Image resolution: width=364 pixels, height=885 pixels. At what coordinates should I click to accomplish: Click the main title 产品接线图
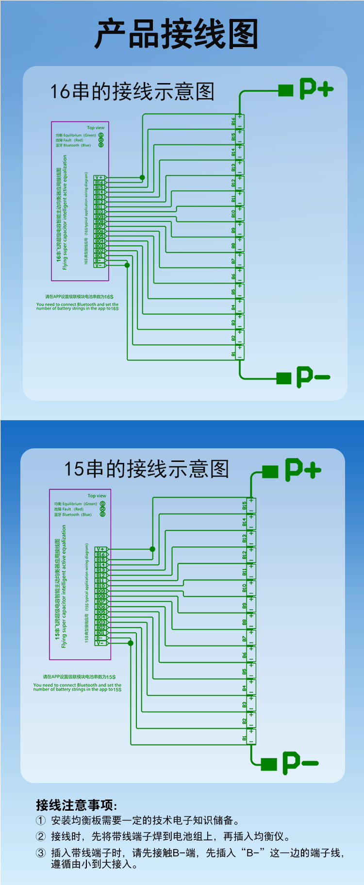point(176,34)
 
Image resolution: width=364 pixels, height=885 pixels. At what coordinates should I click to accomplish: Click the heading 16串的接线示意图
point(132,91)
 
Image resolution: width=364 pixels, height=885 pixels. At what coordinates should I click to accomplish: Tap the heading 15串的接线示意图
point(146,469)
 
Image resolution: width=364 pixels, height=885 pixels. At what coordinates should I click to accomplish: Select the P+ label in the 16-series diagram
point(316,88)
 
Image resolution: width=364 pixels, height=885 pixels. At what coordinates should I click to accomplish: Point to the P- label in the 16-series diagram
point(313,377)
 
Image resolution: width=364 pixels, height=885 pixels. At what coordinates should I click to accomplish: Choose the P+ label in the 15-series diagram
point(303,470)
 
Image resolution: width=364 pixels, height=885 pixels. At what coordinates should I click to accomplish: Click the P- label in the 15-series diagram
point(300,763)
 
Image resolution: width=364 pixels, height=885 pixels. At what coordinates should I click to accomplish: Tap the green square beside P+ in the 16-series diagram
point(285,90)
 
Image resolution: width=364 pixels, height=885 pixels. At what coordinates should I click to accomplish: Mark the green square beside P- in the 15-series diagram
point(268,764)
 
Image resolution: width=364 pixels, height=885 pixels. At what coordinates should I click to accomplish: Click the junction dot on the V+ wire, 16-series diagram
point(142,177)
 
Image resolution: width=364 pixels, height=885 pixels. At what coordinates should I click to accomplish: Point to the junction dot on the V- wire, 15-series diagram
point(131,643)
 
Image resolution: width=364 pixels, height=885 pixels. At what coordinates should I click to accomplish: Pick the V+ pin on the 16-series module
point(99,178)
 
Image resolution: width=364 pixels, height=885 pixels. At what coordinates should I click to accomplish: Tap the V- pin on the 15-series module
point(100,643)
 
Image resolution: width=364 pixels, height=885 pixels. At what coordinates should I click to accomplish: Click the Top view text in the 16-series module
point(96,128)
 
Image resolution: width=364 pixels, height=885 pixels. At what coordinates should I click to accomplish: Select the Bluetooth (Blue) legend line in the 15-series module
point(73,514)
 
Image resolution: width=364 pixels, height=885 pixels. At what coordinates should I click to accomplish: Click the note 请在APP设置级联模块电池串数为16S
point(79,296)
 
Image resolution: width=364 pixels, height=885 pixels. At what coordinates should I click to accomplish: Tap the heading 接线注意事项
point(77,805)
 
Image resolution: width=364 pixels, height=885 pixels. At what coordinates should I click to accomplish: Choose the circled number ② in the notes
point(41,836)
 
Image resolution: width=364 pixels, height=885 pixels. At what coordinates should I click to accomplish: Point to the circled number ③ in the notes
point(41,852)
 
